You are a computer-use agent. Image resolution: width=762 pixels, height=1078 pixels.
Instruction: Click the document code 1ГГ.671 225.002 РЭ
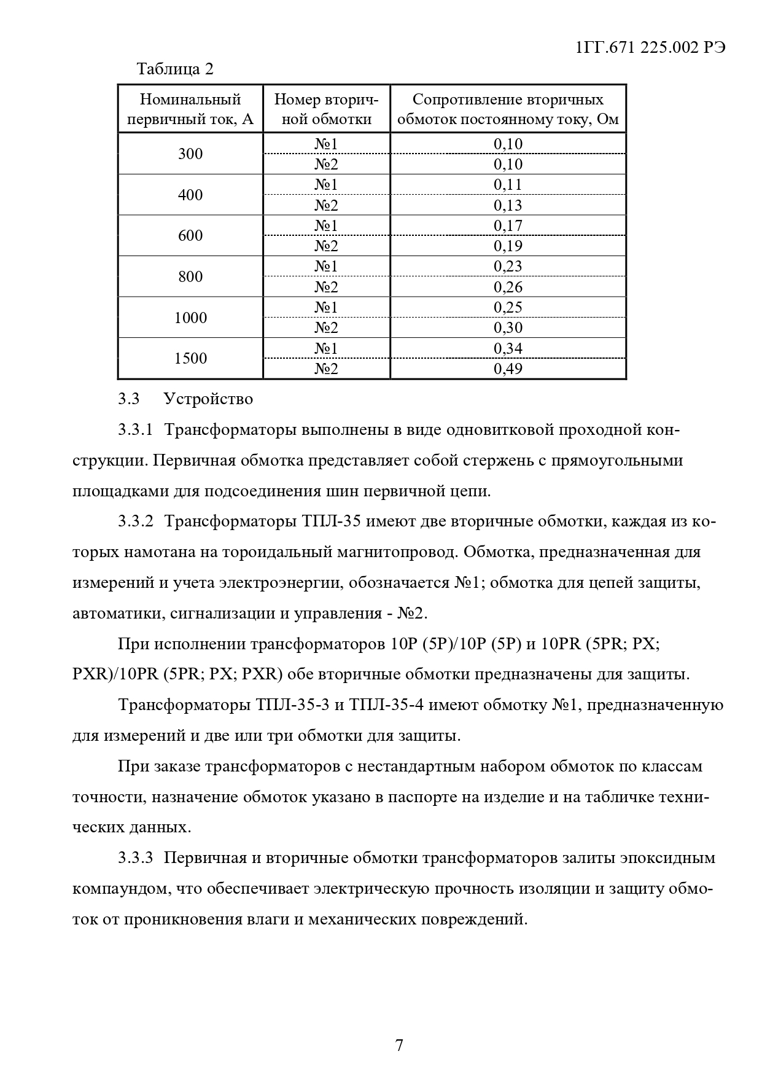click(651, 49)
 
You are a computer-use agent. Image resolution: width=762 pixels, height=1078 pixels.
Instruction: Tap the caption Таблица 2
click(175, 69)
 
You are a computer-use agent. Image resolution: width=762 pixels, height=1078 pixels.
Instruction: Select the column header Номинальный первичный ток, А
click(190, 109)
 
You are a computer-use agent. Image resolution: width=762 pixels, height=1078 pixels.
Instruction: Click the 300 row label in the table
click(190, 154)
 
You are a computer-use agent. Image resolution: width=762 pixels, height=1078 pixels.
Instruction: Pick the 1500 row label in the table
click(190, 358)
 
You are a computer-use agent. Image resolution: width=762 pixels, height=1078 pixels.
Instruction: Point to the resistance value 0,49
click(508, 369)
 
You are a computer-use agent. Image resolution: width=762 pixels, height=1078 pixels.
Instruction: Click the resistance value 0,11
click(508, 184)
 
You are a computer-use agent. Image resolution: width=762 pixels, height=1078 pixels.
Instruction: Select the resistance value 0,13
click(508, 205)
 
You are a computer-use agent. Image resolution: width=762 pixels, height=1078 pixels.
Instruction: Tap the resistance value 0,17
click(508, 225)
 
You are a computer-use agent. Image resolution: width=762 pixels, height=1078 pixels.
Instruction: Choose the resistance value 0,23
click(508, 266)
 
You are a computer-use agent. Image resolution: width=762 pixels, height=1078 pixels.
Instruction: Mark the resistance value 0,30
click(508, 327)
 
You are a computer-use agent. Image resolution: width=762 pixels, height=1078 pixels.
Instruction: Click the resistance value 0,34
click(508, 348)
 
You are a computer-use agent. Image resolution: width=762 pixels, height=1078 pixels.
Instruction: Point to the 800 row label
click(190, 276)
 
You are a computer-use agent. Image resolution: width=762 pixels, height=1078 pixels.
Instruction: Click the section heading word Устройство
click(208, 399)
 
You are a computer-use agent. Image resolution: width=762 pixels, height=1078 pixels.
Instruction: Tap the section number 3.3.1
click(135, 429)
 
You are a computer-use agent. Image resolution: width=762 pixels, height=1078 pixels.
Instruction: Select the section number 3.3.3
click(135, 857)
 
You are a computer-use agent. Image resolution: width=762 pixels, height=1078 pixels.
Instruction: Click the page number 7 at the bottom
click(399, 1045)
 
